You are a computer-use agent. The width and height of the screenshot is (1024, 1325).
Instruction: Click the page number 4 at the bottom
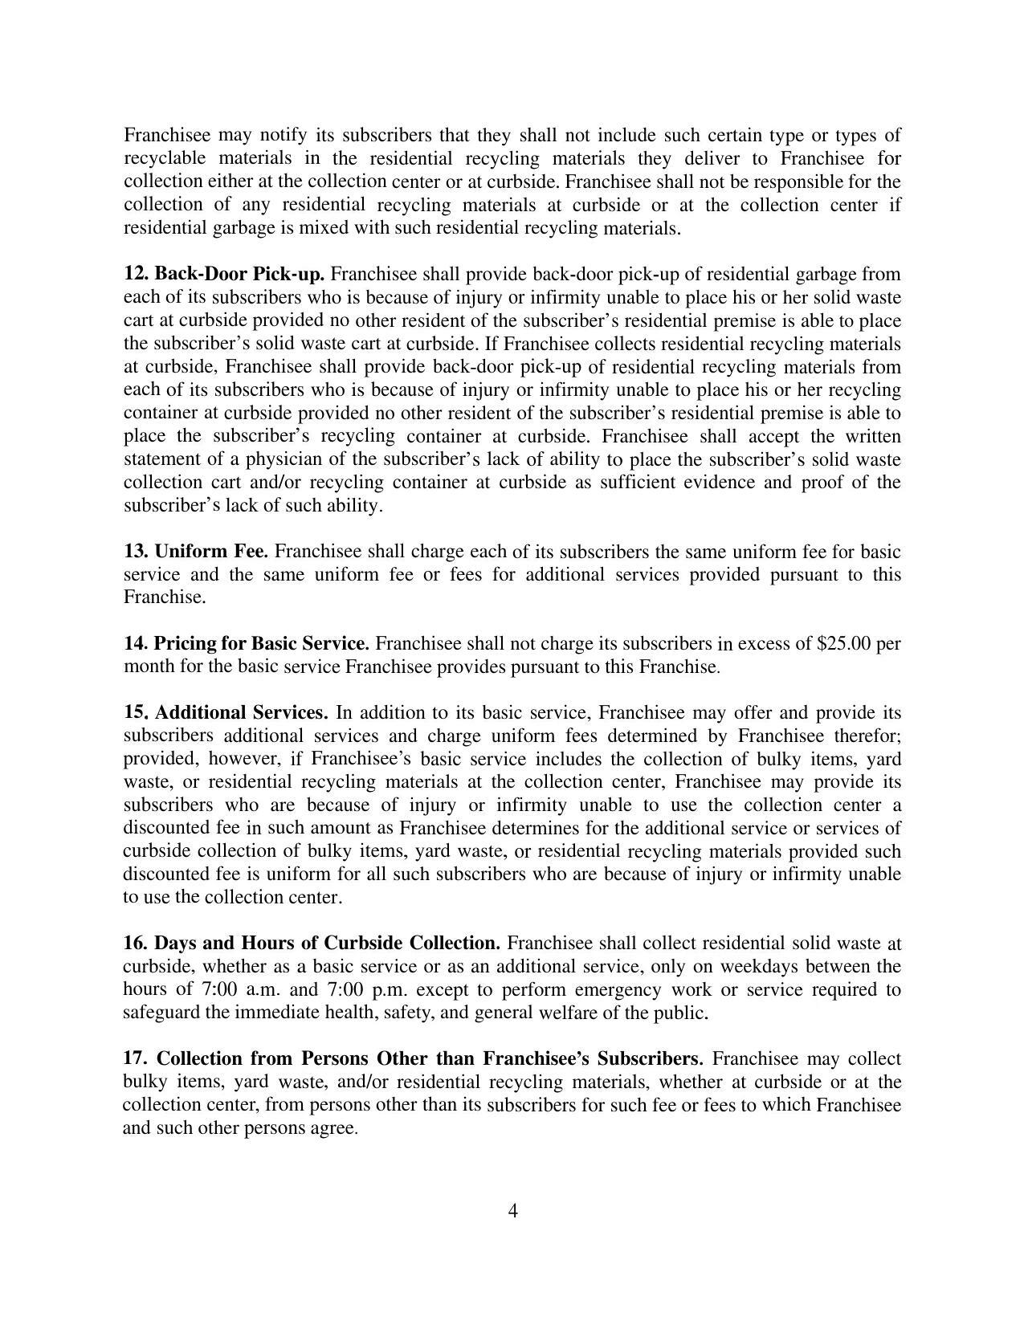512,1210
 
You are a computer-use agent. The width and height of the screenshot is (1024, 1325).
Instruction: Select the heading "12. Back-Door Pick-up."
224,274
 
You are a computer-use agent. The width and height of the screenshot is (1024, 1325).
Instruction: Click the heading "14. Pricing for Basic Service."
247,644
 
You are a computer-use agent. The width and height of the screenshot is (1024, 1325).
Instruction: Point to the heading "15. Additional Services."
226,713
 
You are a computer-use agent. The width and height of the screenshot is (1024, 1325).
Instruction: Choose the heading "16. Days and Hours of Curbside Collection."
312,943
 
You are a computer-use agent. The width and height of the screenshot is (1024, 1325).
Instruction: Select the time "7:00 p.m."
369,989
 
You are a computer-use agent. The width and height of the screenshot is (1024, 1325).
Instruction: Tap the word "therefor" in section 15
867,736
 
